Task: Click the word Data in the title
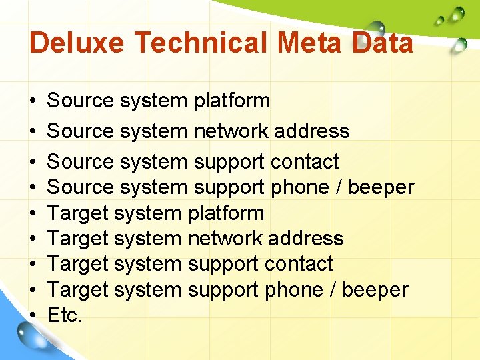[383, 44]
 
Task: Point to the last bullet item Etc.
[65, 315]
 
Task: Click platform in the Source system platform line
[232, 101]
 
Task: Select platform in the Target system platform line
[226, 213]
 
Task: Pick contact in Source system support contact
[305, 161]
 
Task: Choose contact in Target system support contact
[299, 264]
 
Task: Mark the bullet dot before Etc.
[33, 316]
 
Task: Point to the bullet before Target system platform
[33, 214]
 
